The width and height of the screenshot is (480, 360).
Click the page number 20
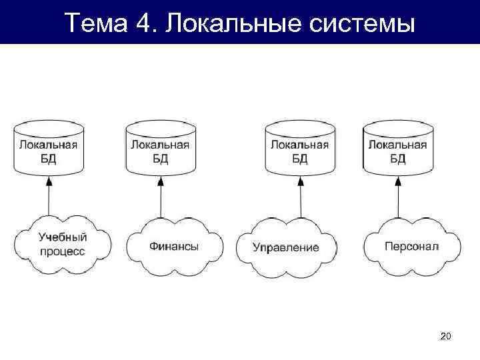coord(446,338)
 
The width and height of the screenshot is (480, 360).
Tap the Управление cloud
coord(286,247)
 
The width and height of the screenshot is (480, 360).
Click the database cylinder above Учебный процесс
coord(48,148)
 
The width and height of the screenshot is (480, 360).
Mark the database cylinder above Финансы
coord(160,148)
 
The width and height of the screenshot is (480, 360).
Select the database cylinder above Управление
coord(299,148)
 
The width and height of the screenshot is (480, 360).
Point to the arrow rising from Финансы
coord(160,197)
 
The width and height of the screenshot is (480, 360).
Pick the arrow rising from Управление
coord(299,197)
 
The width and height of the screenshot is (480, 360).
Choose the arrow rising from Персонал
coord(397,197)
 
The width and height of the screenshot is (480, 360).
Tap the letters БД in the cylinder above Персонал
coord(397,159)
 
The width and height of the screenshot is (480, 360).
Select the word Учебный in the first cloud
coord(62,237)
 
